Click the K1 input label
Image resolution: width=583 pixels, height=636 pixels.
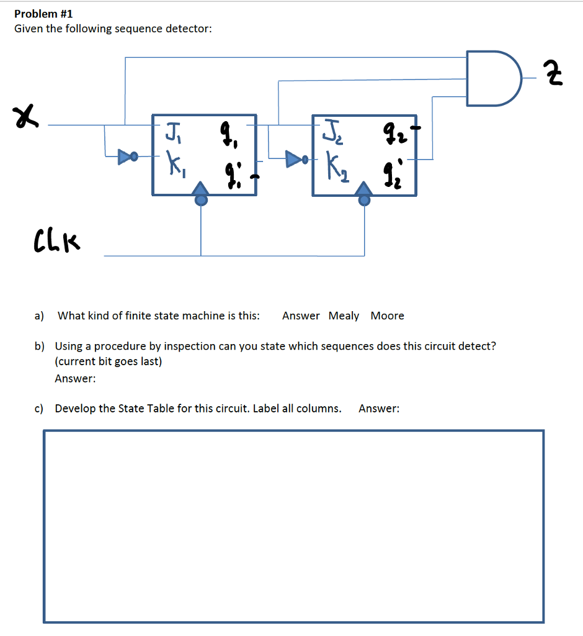(172, 166)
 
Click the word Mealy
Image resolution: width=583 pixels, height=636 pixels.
(344, 316)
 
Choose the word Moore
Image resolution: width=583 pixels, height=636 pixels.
(387, 316)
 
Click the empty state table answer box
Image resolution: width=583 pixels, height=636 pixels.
(293, 525)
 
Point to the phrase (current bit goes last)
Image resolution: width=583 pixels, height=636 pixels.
(109, 361)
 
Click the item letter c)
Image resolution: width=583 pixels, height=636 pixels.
(39, 408)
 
